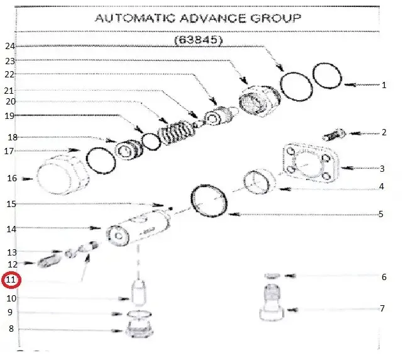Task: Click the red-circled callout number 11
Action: [x=11, y=279]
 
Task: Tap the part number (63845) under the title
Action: [x=199, y=40]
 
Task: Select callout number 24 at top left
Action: [x=11, y=46]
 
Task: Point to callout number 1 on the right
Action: [x=384, y=85]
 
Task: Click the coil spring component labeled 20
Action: [x=177, y=133]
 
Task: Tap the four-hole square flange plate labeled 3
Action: [x=310, y=163]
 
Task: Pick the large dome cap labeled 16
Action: [x=63, y=174]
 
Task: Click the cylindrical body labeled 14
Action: [x=139, y=228]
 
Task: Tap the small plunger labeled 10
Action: [x=138, y=293]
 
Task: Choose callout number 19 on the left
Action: [x=9, y=116]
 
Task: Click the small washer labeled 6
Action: [x=272, y=276]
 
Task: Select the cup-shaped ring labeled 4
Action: [x=259, y=181]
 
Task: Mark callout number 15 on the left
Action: [x=11, y=204]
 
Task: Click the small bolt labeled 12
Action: [x=49, y=261]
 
